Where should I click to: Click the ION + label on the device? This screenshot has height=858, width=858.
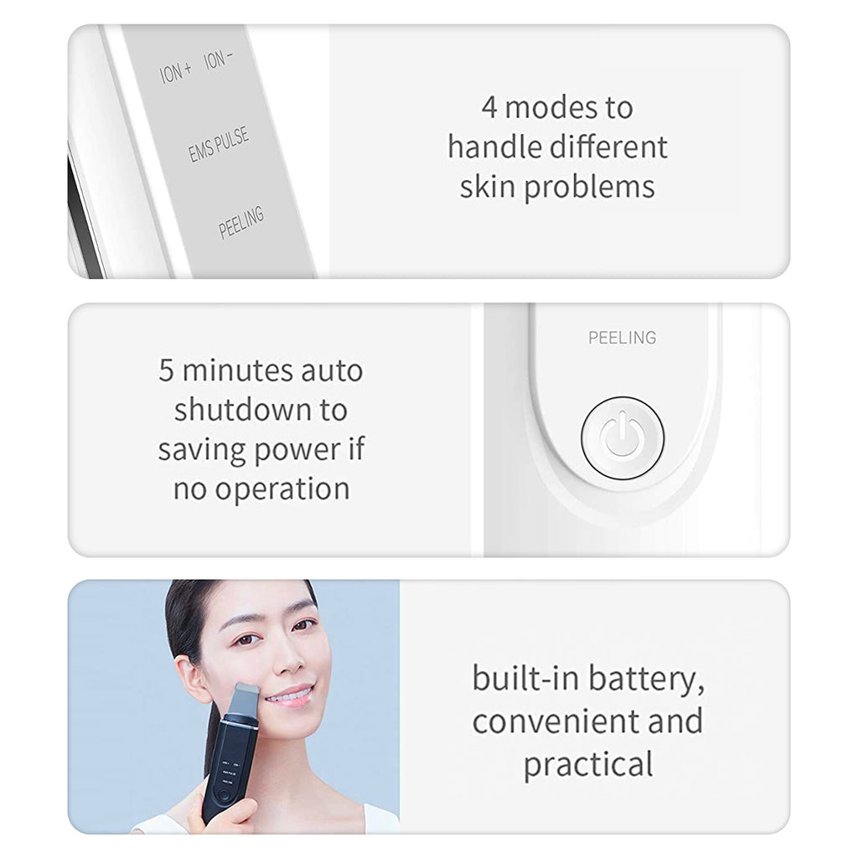[176, 72]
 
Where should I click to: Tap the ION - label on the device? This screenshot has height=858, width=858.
[219, 59]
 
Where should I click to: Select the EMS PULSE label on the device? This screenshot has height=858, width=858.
[219, 145]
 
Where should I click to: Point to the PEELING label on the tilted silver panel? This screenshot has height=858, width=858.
[240, 222]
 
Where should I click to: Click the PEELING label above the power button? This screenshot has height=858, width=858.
[623, 338]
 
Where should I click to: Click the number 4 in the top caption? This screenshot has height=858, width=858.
[489, 107]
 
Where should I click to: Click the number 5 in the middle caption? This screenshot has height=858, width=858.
[167, 371]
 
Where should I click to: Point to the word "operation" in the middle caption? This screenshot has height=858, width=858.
[282, 489]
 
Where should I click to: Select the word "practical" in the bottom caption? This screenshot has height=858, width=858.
[588, 765]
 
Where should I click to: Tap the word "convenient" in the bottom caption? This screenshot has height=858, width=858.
[556, 721]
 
